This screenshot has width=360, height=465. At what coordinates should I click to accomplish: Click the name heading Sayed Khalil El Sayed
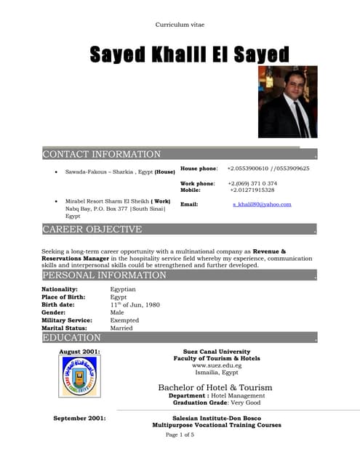point(189,54)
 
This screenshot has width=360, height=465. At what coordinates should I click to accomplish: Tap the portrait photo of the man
point(288,107)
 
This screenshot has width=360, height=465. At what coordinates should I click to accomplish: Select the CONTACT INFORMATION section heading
point(102,154)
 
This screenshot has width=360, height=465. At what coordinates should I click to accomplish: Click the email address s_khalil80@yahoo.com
point(262,205)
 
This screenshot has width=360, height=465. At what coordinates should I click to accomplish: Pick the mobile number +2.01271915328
point(252,190)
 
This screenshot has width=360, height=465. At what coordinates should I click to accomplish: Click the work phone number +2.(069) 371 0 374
point(252,183)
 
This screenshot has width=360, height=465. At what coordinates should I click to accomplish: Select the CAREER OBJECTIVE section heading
point(92,230)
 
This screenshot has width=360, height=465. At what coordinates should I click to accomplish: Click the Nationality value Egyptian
point(123,289)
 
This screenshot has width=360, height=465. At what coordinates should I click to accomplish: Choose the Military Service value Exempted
point(124,320)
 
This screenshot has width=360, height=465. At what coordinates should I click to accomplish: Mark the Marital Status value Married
point(121,328)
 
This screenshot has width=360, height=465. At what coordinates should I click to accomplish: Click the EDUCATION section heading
point(72,338)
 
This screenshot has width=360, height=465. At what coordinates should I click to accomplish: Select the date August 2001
point(79,352)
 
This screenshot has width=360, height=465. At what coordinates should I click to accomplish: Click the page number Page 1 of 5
point(180,434)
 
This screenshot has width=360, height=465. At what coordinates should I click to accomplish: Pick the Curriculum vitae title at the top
point(180,25)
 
